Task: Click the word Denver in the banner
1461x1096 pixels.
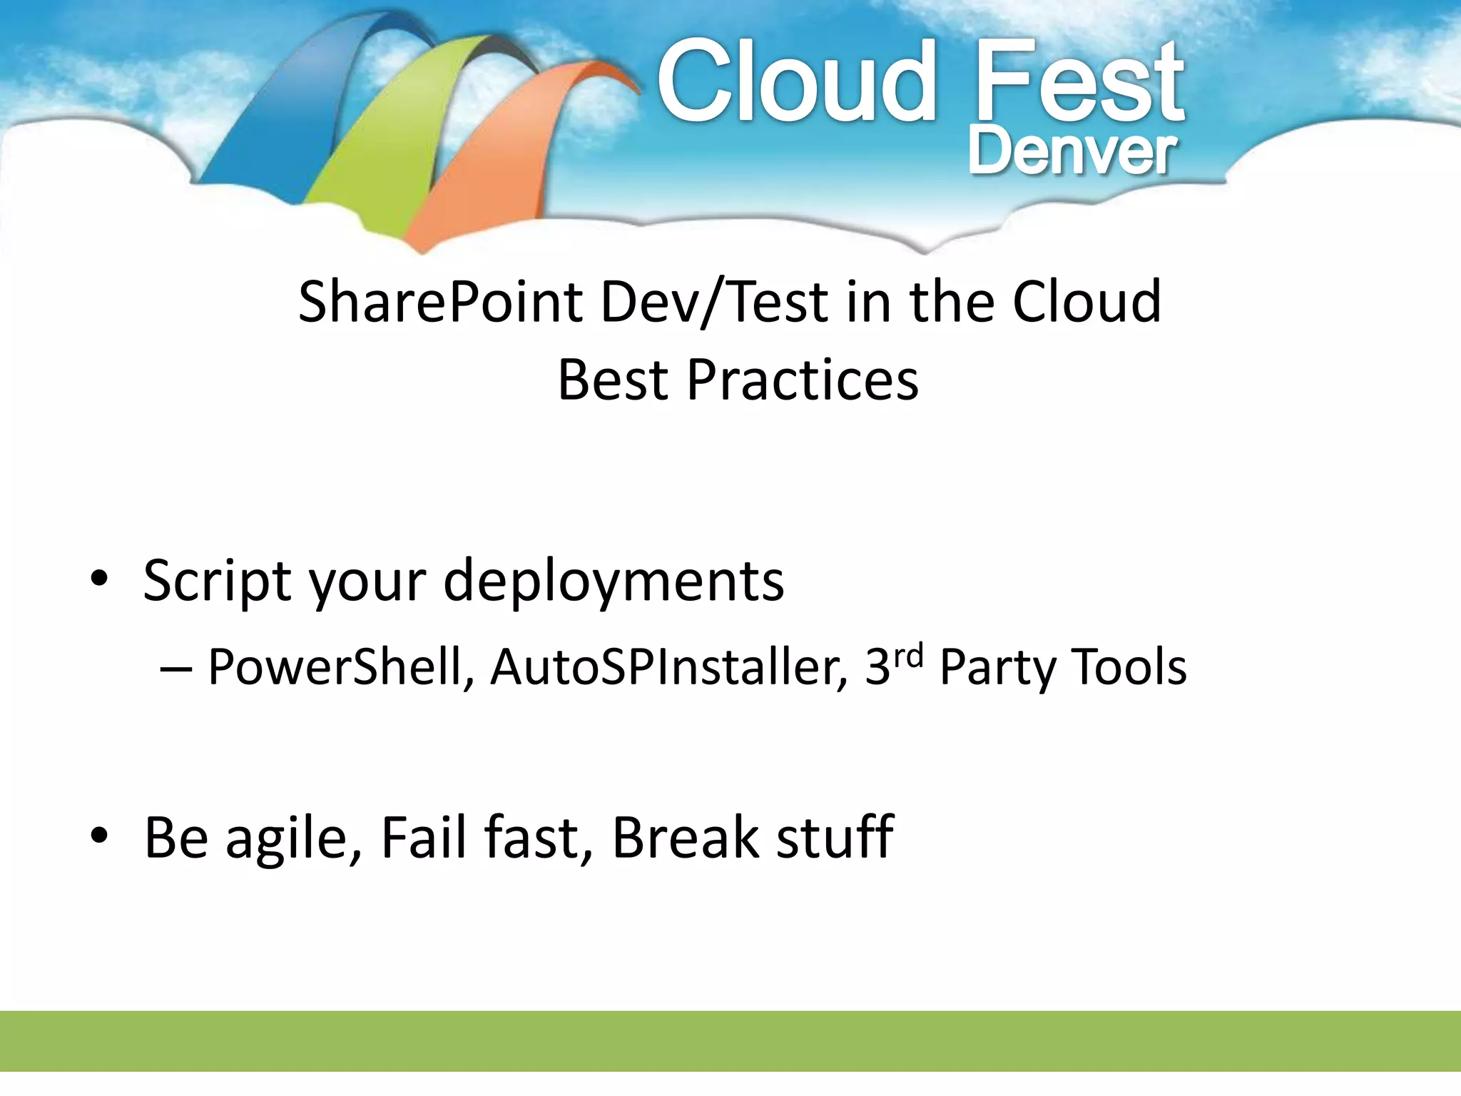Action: click(1071, 152)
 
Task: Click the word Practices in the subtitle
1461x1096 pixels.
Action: click(802, 380)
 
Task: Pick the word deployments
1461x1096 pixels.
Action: click(614, 582)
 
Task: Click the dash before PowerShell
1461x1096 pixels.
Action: click(175, 669)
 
